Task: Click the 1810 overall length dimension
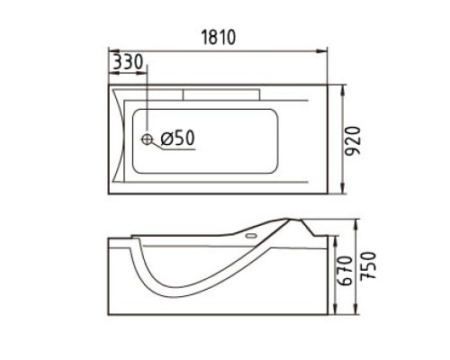pyautogui.click(x=218, y=37)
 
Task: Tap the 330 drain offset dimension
pyautogui.click(x=128, y=62)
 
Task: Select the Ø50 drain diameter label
pyautogui.click(x=177, y=138)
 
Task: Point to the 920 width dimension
pyautogui.click(x=352, y=141)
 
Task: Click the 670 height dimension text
pyautogui.click(x=344, y=271)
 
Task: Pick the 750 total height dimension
pyautogui.click(x=368, y=265)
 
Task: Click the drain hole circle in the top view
pyautogui.click(x=147, y=139)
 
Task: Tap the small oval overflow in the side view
pyautogui.click(x=250, y=236)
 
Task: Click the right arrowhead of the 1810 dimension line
pyautogui.click(x=321, y=51)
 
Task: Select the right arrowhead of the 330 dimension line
pyautogui.click(x=142, y=73)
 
